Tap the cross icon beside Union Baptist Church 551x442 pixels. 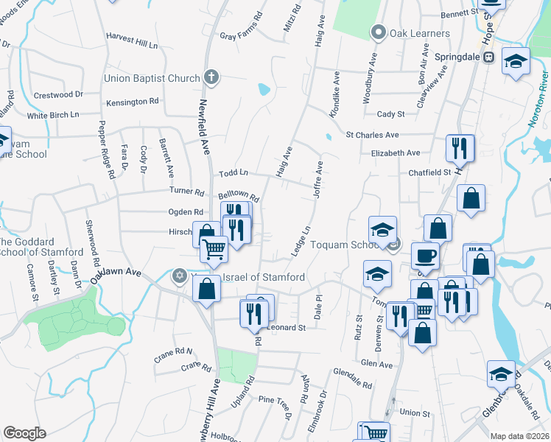pyautogui.click(x=211, y=77)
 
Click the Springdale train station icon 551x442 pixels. pyautogui.click(x=488, y=57)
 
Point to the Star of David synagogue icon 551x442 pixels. pyautogui.click(x=178, y=277)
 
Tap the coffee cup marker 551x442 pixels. pyautogui.click(x=425, y=256)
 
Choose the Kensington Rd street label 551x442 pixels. pyautogui.click(x=133, y=102)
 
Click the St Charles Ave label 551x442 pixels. pyautogui.click(x=372, y=136)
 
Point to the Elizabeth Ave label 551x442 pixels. pyautogui.click(x=395, y=153)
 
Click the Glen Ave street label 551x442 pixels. pyautogui.click(x=377, y=364)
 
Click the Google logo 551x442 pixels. pyautogui.click(x=24, y=433)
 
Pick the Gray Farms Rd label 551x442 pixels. pyautogui.click(x=241, y=36)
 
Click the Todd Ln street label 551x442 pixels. pyautogui.click(x=234, y=174)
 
